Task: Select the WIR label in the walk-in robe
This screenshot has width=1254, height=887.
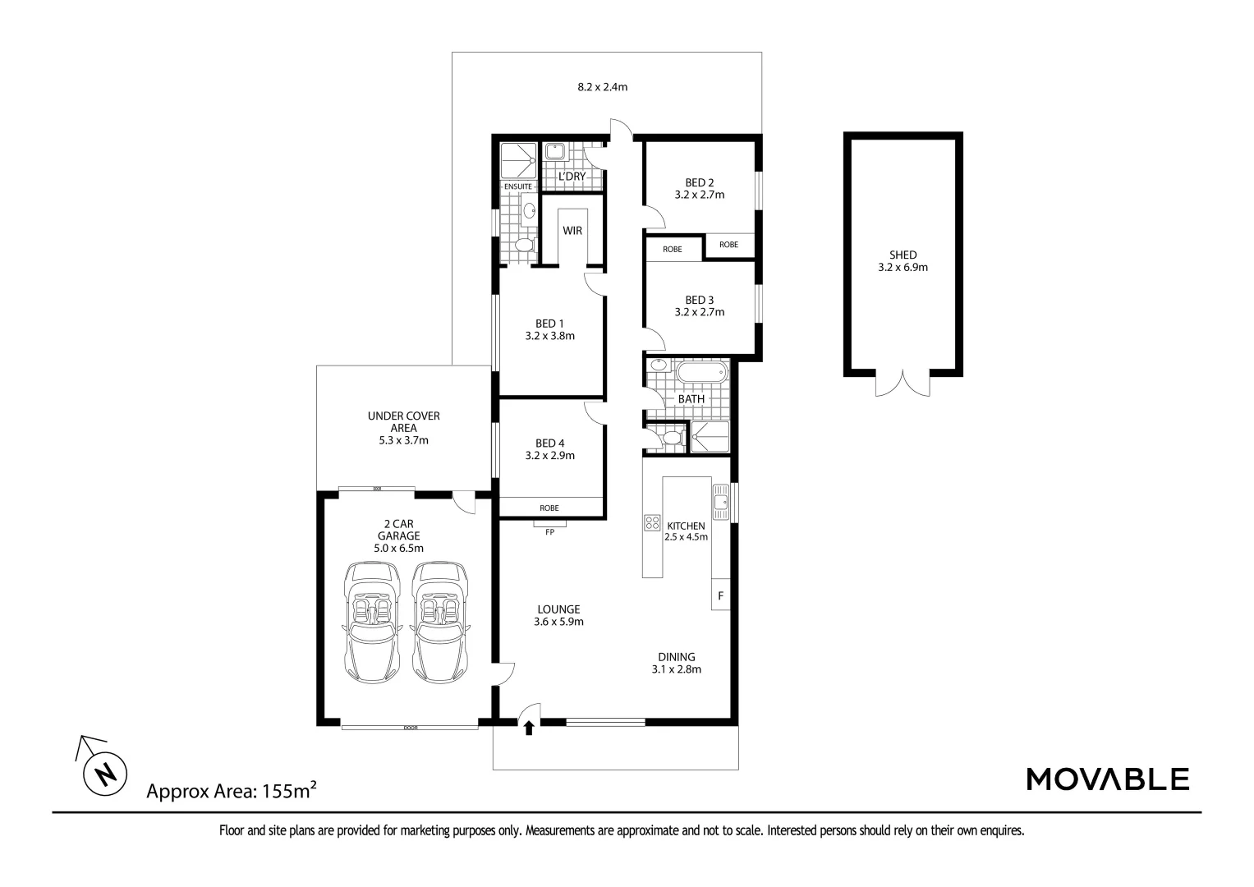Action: (572, 231)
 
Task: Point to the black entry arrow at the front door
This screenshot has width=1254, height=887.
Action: (528, 727)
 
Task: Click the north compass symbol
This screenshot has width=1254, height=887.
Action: (104, 773)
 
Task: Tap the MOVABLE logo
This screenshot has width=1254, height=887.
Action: (1108, 779)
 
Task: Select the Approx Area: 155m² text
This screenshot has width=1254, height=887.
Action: (232, 791)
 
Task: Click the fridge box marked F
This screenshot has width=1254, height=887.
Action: (720, 595)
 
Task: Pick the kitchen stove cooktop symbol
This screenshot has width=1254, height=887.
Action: (652, 522)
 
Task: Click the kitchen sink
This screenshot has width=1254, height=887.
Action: (720, 502)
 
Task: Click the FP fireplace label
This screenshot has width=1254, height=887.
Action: (549, 532)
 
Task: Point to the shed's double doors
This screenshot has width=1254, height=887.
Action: (903, 384)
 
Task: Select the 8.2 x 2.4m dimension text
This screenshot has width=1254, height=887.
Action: (602, 86)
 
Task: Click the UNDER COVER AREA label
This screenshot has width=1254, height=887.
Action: (403, 427)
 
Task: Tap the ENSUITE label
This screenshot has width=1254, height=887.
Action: (517, 187)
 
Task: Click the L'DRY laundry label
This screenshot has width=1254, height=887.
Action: (572, 177)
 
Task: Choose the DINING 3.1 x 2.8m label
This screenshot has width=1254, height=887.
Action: (677, 663)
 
